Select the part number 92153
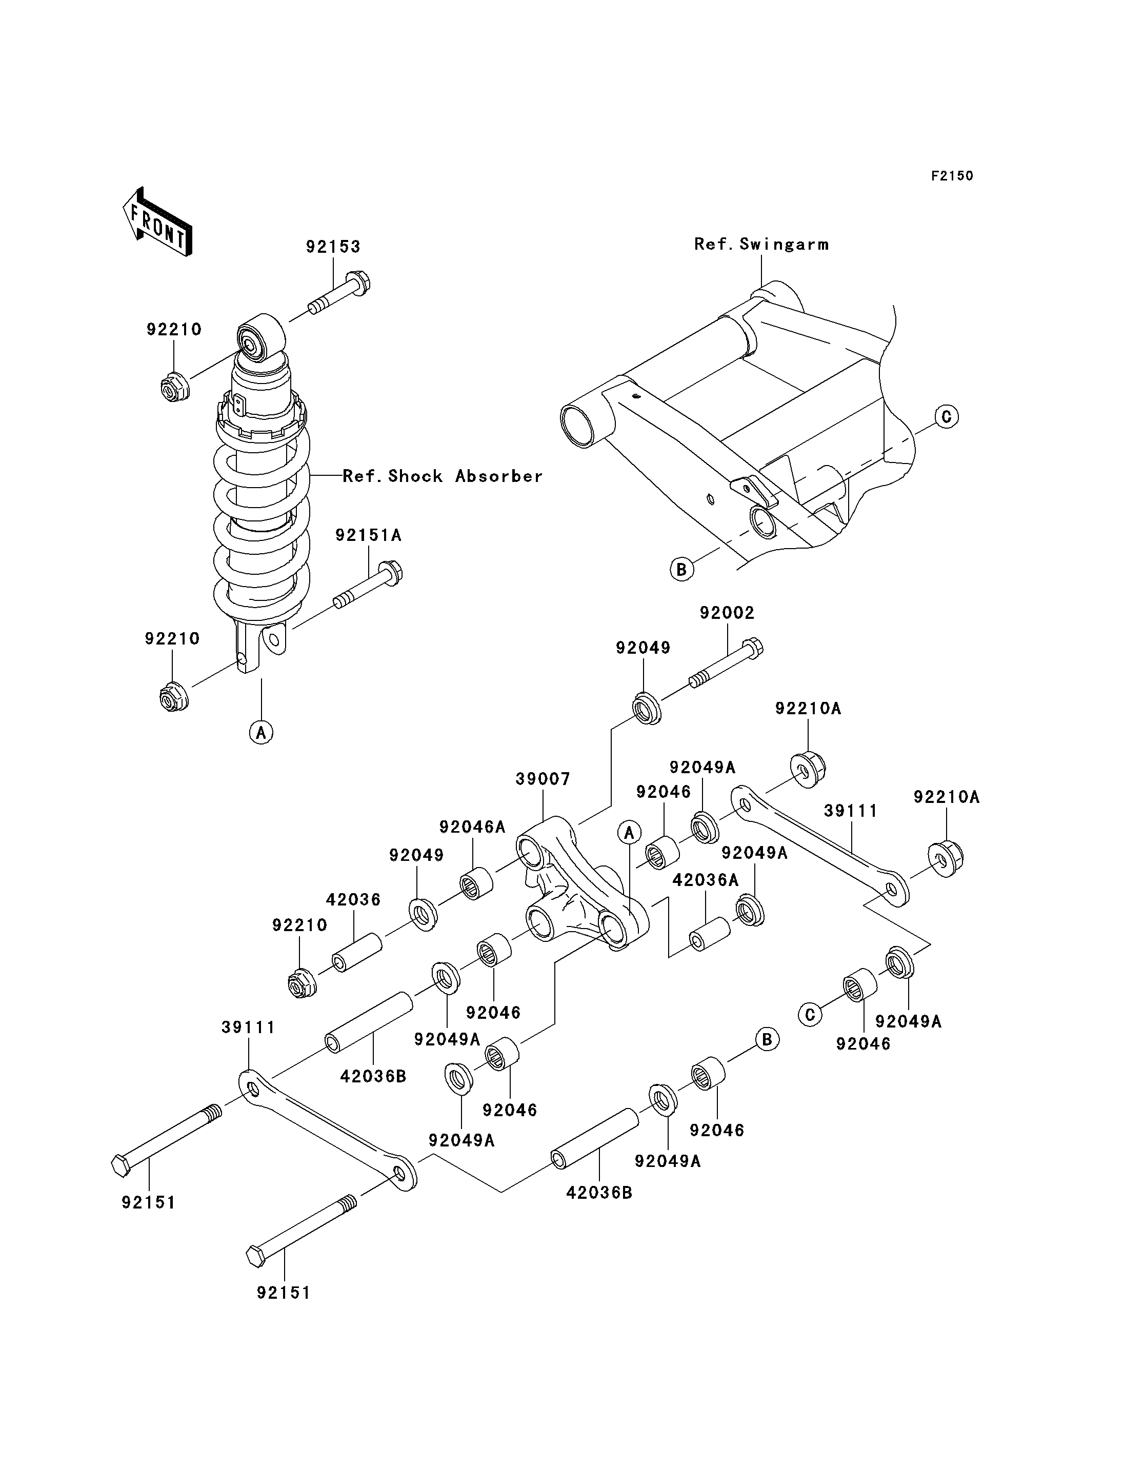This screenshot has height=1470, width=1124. click(333, 247)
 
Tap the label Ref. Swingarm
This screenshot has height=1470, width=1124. click(761, 244)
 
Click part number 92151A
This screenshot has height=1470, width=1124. click(369, 535)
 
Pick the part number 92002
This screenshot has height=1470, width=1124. click(727, 613)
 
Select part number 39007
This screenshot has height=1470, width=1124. click(543, 779)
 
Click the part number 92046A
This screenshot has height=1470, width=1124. click(472, 827)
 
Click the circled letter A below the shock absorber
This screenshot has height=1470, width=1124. click(261, 732)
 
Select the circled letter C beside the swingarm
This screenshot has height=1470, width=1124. click(946, 417)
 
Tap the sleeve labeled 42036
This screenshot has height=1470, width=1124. click(357, 953)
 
